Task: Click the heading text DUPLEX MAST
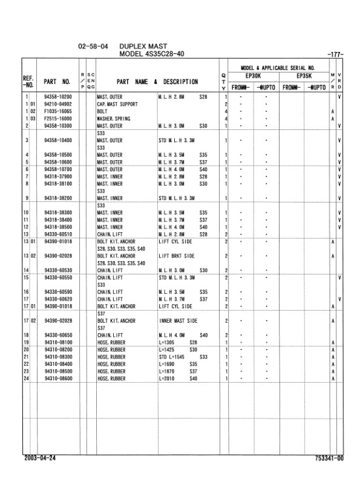[143, 46]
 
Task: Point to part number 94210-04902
[58, 104]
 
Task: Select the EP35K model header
[303, 77]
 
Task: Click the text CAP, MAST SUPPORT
[117, 104]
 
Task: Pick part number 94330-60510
[58, 234]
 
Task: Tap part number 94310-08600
[58, 378]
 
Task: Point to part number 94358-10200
[58, 97]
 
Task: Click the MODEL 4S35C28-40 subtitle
[151, 54]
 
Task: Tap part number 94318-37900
[58, 176]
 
